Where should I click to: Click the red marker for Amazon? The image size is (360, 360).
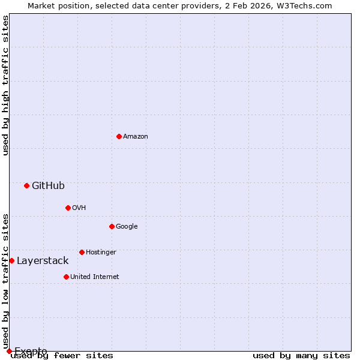tap(119, 136)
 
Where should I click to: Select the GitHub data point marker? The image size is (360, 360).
tap(26, 185)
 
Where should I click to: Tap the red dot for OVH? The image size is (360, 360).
tap(68, 208)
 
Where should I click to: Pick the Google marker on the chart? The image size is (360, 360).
tap(112, 226)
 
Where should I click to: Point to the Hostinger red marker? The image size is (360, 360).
tap(82, 252)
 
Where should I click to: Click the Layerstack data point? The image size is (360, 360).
tap(11, 260)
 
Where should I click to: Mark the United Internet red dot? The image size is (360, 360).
tap(66, 277)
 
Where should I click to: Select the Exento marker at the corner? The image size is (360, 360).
tap(9, 351)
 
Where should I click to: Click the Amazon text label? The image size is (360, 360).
tap(136, 137)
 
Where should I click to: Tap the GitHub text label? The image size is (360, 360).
tap(48, 186)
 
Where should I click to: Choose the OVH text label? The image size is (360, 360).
tap(79, 208)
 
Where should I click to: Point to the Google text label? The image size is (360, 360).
tap(127, 227)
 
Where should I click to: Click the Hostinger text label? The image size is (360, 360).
tap(101, 253)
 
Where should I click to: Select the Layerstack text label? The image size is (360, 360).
tap(43, 261)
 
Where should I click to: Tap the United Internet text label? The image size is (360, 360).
tap(95, 277)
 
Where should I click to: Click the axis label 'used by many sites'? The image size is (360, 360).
tap(301, 356)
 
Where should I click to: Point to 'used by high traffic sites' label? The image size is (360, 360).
tap(5, 85)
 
